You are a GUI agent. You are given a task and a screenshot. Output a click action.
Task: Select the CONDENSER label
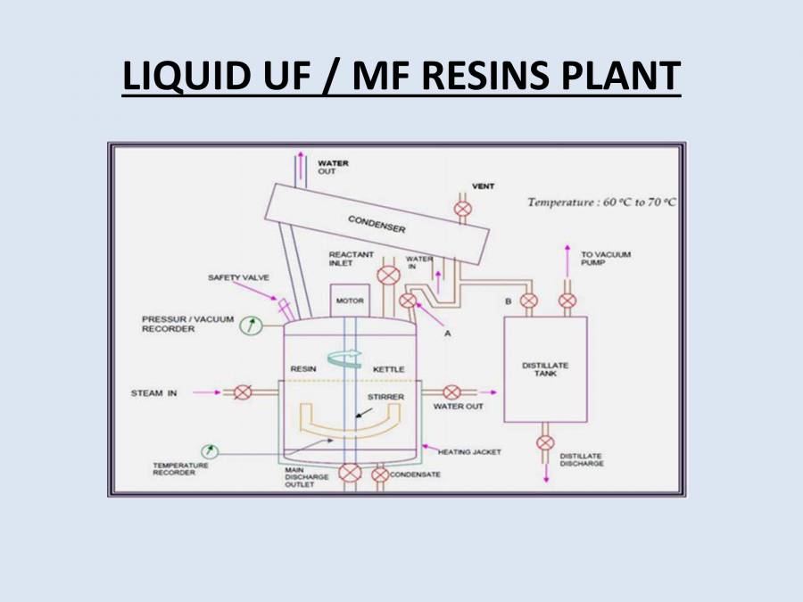(377, 224)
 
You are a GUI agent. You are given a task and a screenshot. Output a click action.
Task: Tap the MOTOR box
(349, 301)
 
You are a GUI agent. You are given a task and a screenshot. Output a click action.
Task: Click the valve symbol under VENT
(462, 209)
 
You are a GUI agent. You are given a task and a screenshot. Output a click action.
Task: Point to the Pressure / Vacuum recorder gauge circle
(249, 326)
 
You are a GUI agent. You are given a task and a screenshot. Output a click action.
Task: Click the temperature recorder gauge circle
(210, 450)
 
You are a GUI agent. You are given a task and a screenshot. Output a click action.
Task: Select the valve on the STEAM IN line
(242, 392)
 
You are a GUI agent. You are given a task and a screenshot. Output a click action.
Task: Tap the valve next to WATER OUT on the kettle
(451, 392)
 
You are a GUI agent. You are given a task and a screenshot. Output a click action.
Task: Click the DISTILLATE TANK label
(544, 370)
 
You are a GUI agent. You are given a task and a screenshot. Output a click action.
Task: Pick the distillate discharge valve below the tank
(545, 442)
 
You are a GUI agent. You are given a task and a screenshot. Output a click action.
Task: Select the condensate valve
(380, 474)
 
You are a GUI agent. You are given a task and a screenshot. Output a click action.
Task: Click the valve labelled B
(529, 301)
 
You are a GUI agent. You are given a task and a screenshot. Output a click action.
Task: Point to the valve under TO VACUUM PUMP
(567, 301)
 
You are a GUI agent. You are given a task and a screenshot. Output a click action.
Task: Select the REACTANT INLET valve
(388, 276)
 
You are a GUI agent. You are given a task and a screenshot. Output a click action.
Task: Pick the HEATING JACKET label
(469, 452)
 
